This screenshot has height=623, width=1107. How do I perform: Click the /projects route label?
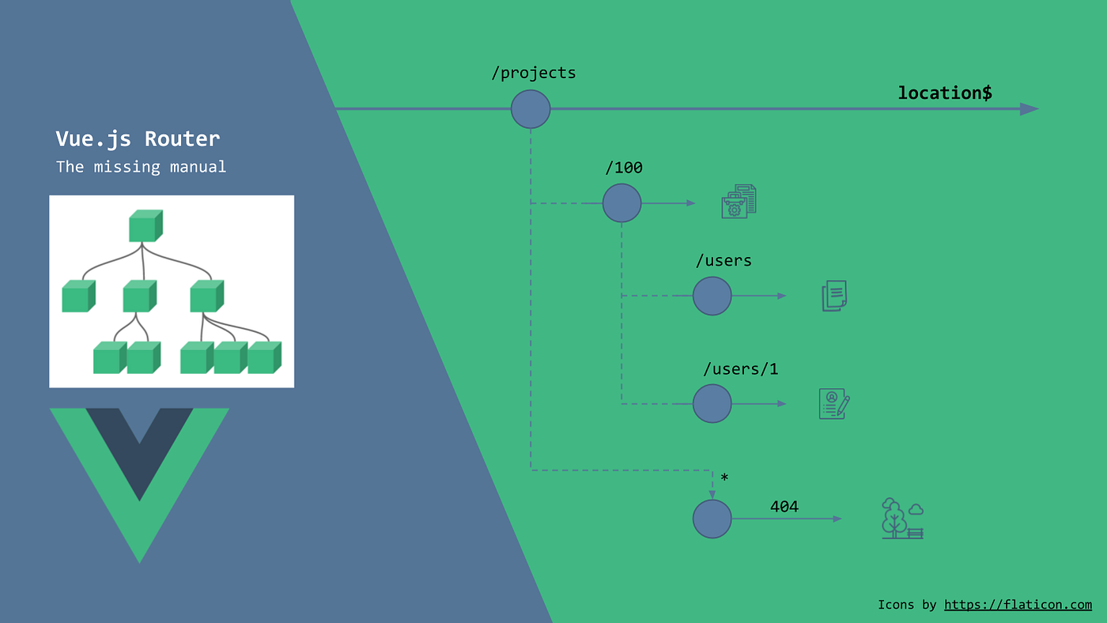pyautogui.click(x=534, y=74)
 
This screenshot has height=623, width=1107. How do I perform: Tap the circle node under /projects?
pyautogui.click(x=531, y=109)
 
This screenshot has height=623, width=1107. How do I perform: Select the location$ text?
pyautogui.click(x=944, y=93)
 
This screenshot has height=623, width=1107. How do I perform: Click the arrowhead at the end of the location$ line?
pyautogui.click(x=1029, y=109)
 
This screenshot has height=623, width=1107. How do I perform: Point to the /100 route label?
pyautogui.click(x=623, y=168)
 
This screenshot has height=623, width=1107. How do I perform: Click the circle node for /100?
pyautogui.click(x=622, y=203)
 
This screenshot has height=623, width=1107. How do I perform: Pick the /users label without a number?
pyautogui.click(x=723, y=260)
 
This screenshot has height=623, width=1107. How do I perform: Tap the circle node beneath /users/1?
pyautogui.click(x=712, y=404)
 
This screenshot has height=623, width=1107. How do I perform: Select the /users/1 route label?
pyautogui.click(x=740, y=369)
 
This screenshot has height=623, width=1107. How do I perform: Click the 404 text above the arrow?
pyautogui.click(x=784, y=506)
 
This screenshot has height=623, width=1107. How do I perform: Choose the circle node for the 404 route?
pyautogui.click(x=712, y=519)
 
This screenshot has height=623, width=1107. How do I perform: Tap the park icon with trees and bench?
pyautogui.click(x=902, y=519)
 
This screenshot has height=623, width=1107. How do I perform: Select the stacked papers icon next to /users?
pyautogui.click(x=834, y=296)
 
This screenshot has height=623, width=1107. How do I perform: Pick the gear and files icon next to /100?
pyautogui.click(x=739, y=202)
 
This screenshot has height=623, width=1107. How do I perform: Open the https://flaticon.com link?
pyautogui.click(x=1018, y=605)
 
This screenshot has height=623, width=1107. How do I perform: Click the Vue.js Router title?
pyautogui.click(x=138, y=139)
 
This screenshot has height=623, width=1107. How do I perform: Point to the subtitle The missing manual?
pyautogui.click(x=141, y=167)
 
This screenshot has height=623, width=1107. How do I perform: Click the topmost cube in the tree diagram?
pyautogui.click(x=145, y=226)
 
